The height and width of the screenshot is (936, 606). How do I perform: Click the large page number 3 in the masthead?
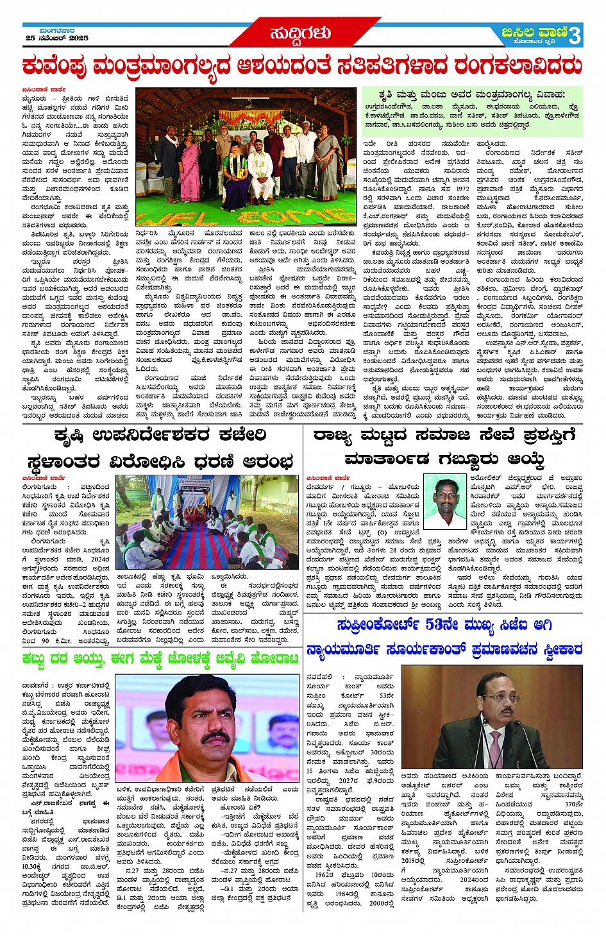click(x=575, y=36)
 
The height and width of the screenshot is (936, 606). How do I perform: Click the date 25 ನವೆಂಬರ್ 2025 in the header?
click(x=57, y=38)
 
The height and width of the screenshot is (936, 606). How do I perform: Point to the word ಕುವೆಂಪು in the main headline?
click(x=55, y=66)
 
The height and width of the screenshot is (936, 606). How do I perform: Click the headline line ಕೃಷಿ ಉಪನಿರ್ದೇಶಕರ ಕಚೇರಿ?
click(x=160, y=436)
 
